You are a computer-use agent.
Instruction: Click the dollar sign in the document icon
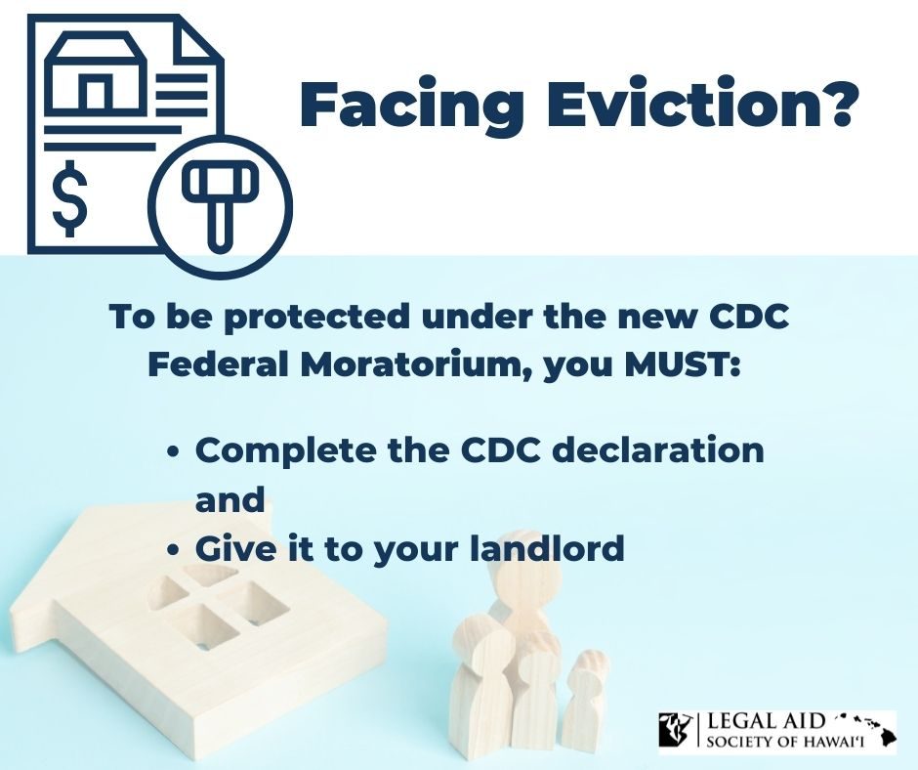(x=69, y=198)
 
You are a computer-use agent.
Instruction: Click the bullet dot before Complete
(x=172, y=452)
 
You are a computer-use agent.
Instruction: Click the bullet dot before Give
(x=172, y=551)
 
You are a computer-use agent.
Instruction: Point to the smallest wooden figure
(x=583, y=702)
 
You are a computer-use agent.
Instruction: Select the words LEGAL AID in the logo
(x=767, y=721)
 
